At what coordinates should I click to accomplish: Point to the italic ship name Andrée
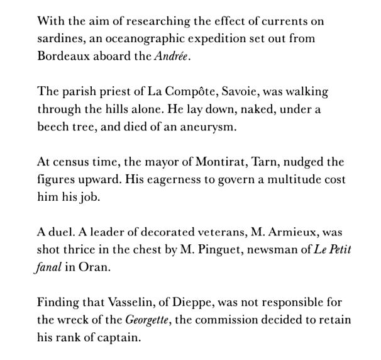[x=172, y=55]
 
